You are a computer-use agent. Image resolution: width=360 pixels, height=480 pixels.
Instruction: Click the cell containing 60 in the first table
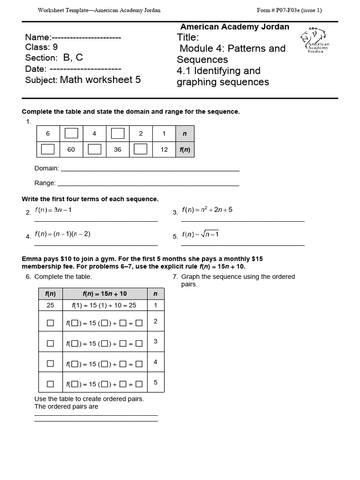coord(71,150)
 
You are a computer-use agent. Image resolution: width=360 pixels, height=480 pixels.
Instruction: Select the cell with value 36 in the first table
coord(118,150)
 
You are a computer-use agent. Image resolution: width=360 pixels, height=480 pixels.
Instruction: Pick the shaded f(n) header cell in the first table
coord(185,150)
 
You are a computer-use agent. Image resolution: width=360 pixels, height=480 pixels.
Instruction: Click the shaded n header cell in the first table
coord(185,134)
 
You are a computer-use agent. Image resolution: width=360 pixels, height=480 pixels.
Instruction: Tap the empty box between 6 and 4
coord(71,134)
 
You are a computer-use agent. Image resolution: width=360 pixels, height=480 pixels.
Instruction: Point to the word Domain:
coord(47,168)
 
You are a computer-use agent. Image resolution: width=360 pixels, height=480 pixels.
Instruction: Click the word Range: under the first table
coord(45,183)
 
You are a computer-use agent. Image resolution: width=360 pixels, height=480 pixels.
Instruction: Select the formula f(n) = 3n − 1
coord(53,210)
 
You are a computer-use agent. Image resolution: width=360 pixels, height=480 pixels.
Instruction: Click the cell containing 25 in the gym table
coord(50,305)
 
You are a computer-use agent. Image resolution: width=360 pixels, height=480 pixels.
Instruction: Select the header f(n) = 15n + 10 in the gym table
coord(105,294)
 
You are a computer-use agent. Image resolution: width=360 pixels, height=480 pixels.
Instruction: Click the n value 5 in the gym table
coord(156,382)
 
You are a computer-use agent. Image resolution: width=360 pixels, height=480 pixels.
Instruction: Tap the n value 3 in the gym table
coord(156,342)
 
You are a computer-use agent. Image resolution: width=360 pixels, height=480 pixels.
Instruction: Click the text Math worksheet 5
coord(100,80)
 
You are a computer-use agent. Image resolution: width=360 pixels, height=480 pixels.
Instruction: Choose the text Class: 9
coord(42,47)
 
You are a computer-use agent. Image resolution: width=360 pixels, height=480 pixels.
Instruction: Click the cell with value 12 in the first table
coord(164,150)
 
